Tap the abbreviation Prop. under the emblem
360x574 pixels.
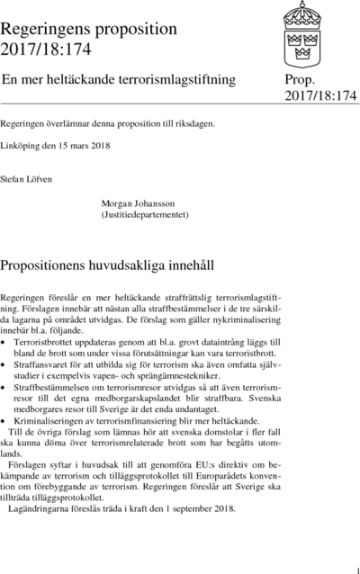click(x=301, y=79)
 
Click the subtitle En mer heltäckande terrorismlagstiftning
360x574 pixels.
click(x=119, y=79)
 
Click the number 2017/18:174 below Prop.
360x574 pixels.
click(x=321, y=95)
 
